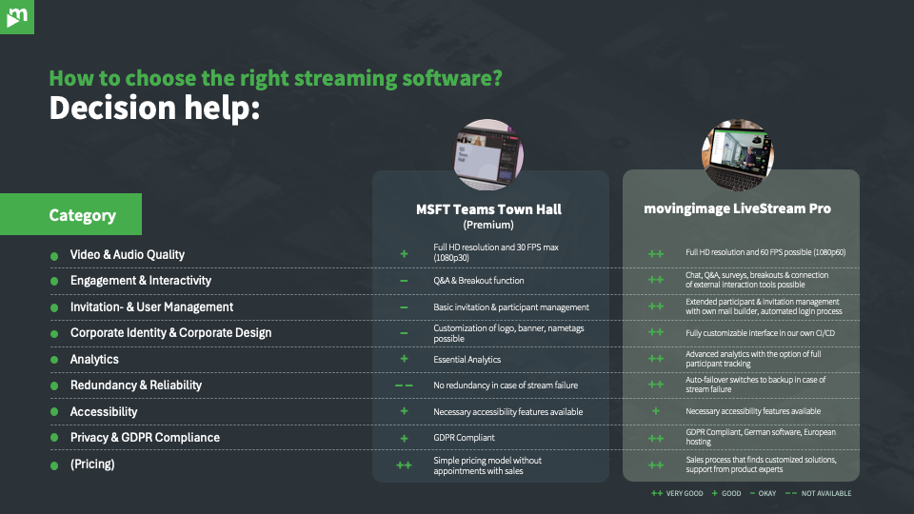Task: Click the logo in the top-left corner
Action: pos(16,16)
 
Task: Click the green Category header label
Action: pos(83,215)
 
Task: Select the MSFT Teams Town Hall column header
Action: pos(488,209)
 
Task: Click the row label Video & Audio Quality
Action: pos(128,255)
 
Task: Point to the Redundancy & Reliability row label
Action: pos(136,385)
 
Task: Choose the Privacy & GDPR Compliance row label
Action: pos(145,438)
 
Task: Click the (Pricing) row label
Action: pos(92,465)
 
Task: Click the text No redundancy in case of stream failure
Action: pos(506,385)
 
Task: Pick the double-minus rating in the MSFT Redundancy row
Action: pos(404,385)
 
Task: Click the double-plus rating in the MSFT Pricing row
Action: pos(404,465)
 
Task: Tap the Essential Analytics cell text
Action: pos(467,360)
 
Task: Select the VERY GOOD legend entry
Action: pos(679,493)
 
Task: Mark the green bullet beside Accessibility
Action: pos(54,412)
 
